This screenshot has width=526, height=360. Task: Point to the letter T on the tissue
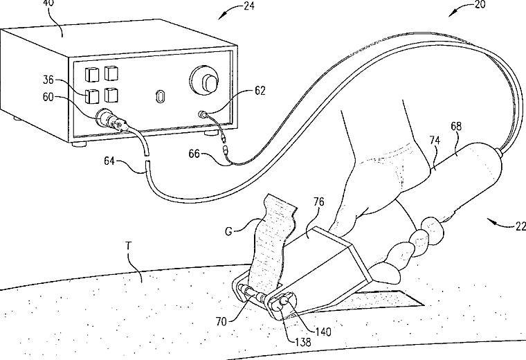[x=128, y=246]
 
